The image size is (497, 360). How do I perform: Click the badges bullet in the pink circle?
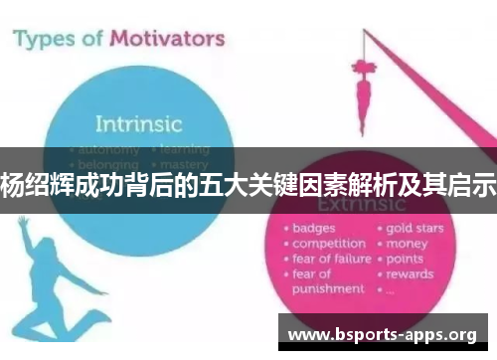click(x=314, y=228)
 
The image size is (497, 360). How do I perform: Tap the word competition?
click(x=328, y=244)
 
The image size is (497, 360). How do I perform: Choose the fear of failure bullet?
click(x=330, y=259)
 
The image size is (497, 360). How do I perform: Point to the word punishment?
click(x=328, y=288)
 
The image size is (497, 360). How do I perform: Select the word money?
click(x=407, y=244)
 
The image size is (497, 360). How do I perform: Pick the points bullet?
click(x=407, y=259)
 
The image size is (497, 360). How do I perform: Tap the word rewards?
click(x=411, y=273)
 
